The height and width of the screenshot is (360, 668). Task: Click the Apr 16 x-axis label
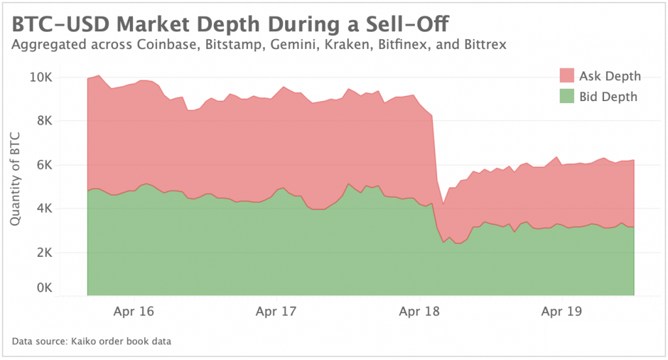coord(133,311)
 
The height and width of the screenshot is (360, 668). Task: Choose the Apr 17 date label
coord(277,311)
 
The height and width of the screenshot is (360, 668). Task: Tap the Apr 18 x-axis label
coord(419,311)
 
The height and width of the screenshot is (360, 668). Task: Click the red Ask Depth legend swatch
coord(566,76)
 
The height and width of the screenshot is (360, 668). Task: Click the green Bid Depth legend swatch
coord(566,97)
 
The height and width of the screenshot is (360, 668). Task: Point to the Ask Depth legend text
coord(610,76)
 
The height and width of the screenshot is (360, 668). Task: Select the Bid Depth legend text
coord(608,97)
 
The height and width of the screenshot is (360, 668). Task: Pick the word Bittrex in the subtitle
coord(484,46)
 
